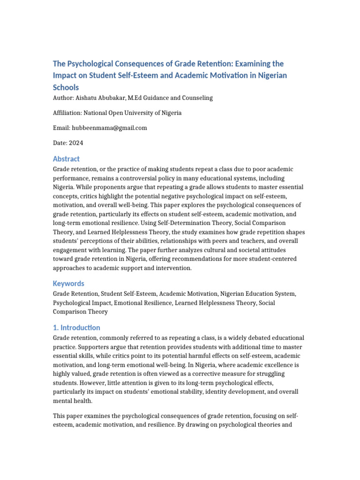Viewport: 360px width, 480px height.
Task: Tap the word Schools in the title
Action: coord(66,87)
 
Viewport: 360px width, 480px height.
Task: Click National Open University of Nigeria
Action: coord(133,113)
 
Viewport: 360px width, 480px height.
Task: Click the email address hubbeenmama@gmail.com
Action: coord(109,128)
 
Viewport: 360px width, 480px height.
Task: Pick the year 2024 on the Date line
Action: coord(76,143)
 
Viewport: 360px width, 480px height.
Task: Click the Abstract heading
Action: coord(66,159)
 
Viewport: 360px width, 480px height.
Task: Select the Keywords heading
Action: coord(68,284)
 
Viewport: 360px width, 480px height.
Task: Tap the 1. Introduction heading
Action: coord(76,328)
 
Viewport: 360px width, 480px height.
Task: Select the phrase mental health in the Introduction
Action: coord(72,401)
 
